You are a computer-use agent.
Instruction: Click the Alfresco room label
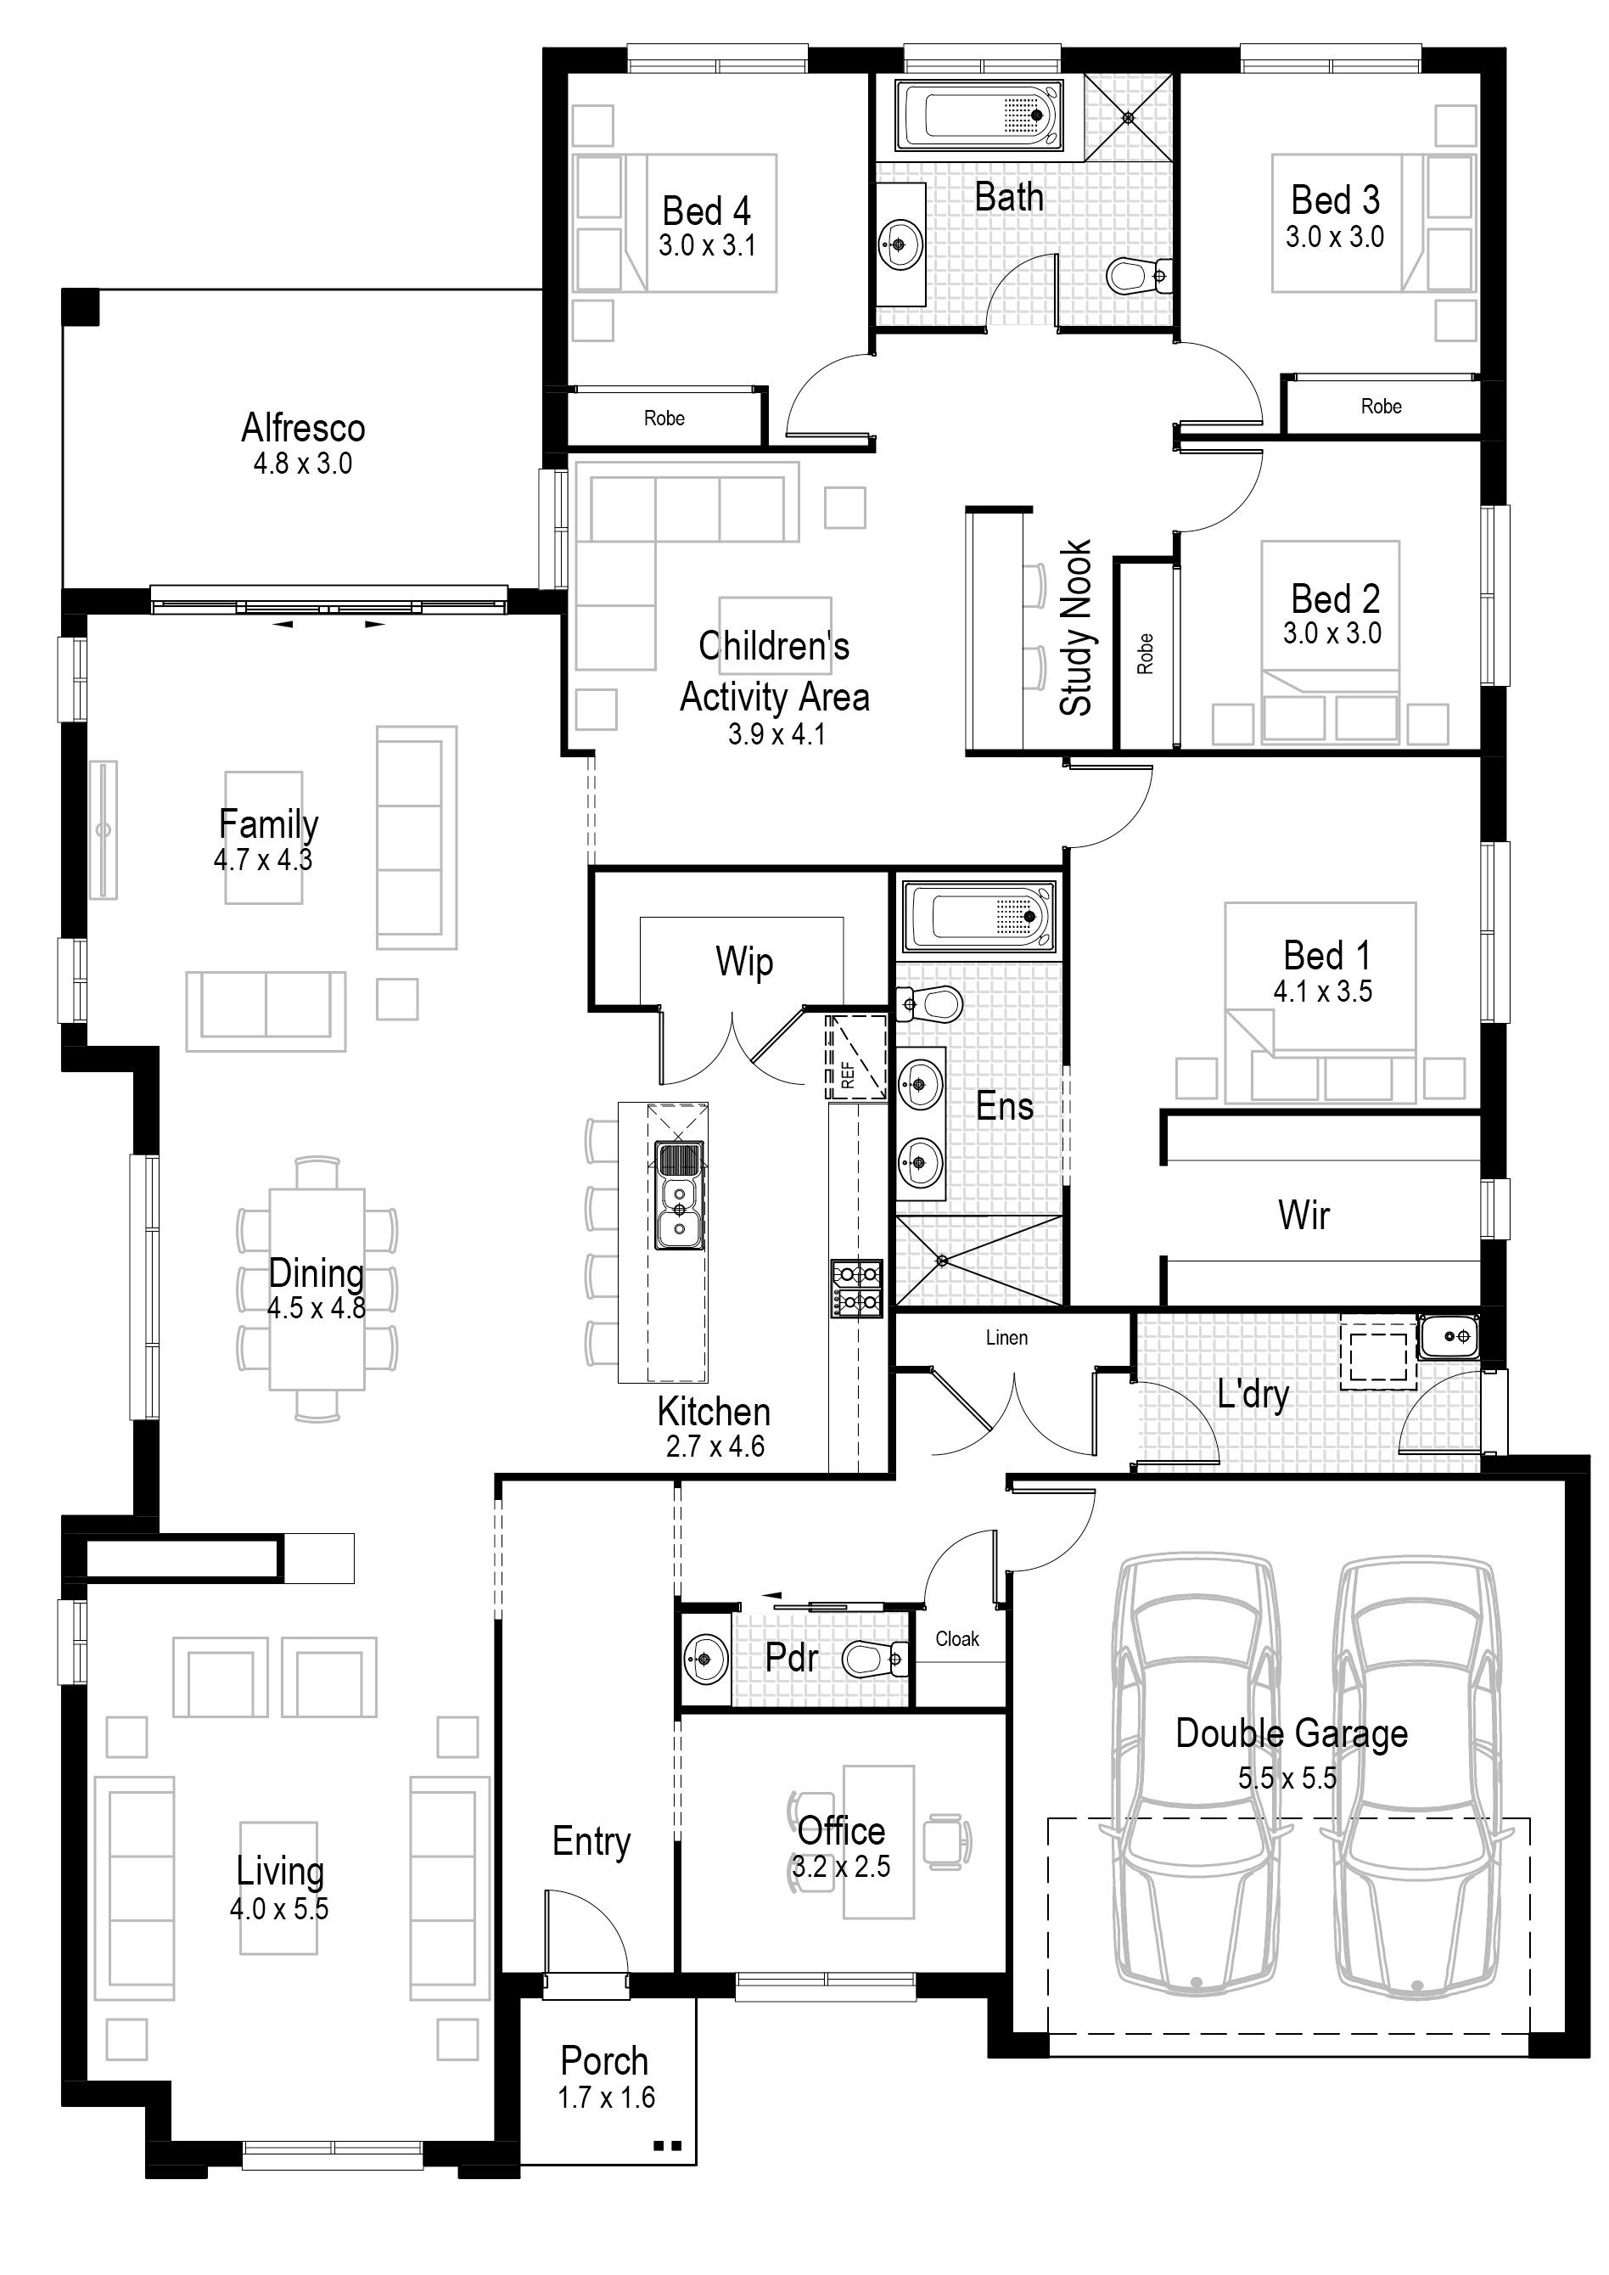point(303,428)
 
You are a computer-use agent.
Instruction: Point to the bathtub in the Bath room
point(978,116)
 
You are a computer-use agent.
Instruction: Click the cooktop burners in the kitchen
point(857,1288)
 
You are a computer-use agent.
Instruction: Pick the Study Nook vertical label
point(1076,627)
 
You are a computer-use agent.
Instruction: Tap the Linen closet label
point(1006,1338)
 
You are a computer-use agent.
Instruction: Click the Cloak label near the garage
point(957,1639)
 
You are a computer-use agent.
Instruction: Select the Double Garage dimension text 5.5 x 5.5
point(1287,1778)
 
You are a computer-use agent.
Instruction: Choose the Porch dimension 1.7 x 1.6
point(607,2097)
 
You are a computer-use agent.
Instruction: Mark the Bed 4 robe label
point(664,418)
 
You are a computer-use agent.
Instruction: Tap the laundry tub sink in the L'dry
point(1449,1337)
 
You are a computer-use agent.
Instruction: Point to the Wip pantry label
point(744,961)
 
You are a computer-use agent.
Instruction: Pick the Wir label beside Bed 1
point(1303,1215)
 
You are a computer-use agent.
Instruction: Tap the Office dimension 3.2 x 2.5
point(841,1867)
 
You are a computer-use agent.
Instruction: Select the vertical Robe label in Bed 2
point(1146,654)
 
